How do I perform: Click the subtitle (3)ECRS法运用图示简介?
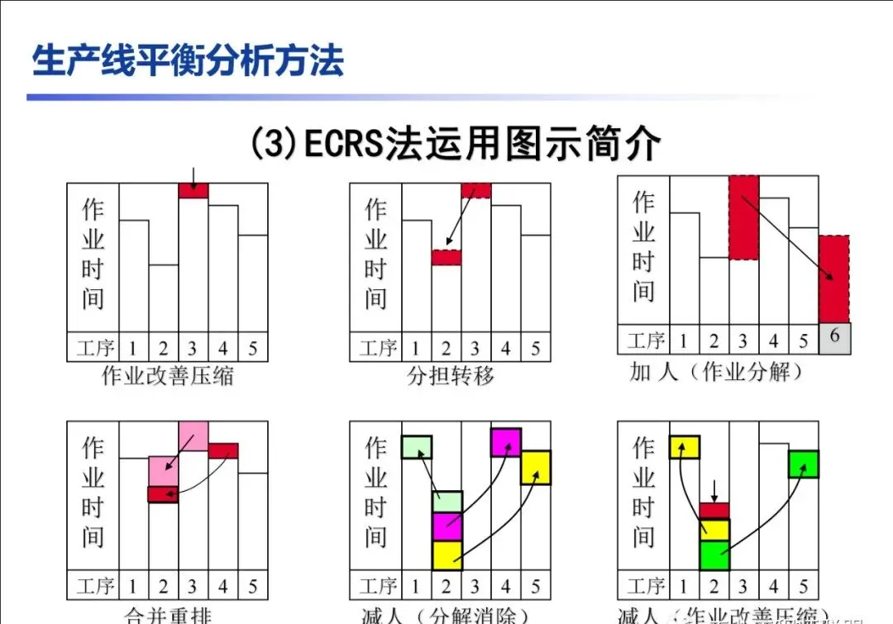pyautogui.click(x=456, y=144)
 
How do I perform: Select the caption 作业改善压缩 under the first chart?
pyautogui.click(x=168, y=376)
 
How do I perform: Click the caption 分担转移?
pyautogui.click(x=451, y=376)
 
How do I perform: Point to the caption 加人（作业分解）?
pyautogui.click(x=717, y=372)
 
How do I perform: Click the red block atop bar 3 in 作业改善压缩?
pyautogui.click(x=193, y=191)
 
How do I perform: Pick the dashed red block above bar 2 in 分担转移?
pyautogui.click(x=446, y=257)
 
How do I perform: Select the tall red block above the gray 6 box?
pyautogui.click(x=834, y=279)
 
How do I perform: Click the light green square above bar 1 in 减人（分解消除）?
pyautogui.click(x=417, y=447)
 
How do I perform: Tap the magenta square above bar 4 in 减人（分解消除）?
pyautogui.click(x=506, y=442)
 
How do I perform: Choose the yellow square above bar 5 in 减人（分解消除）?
pyautogui.click(x=536, y=467)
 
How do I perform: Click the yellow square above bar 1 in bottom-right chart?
pyautogui.click(x=685, y=447)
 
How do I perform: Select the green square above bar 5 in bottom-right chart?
pyautogui.click(x=804, y=464)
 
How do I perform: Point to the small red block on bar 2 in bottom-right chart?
pyautogui.click(x=714, y=511)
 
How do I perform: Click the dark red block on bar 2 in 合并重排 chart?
pyautogui.click(x=163, y=494)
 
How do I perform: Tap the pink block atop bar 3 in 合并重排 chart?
pyautogui.click(x=193, y=436)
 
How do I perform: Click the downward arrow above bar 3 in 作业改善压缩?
pyautogui.click(x=193, y=175)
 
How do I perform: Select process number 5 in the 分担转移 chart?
pyautogui.click(x=536, y=348)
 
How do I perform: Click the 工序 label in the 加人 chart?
pyautogui.click(x=646, y=341)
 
